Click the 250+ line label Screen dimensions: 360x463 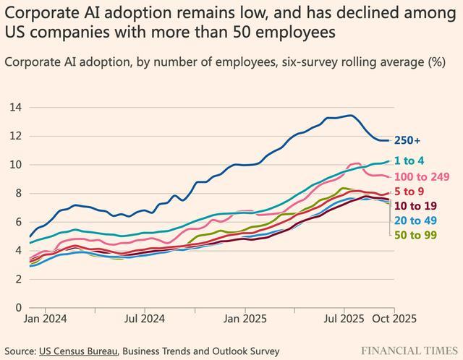point(407,141)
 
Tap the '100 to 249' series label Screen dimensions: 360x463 point(420,176)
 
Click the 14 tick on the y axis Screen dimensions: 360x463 point(14,108)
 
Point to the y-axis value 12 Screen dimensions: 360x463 point(14,136)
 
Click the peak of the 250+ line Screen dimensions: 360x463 point(350,115)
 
